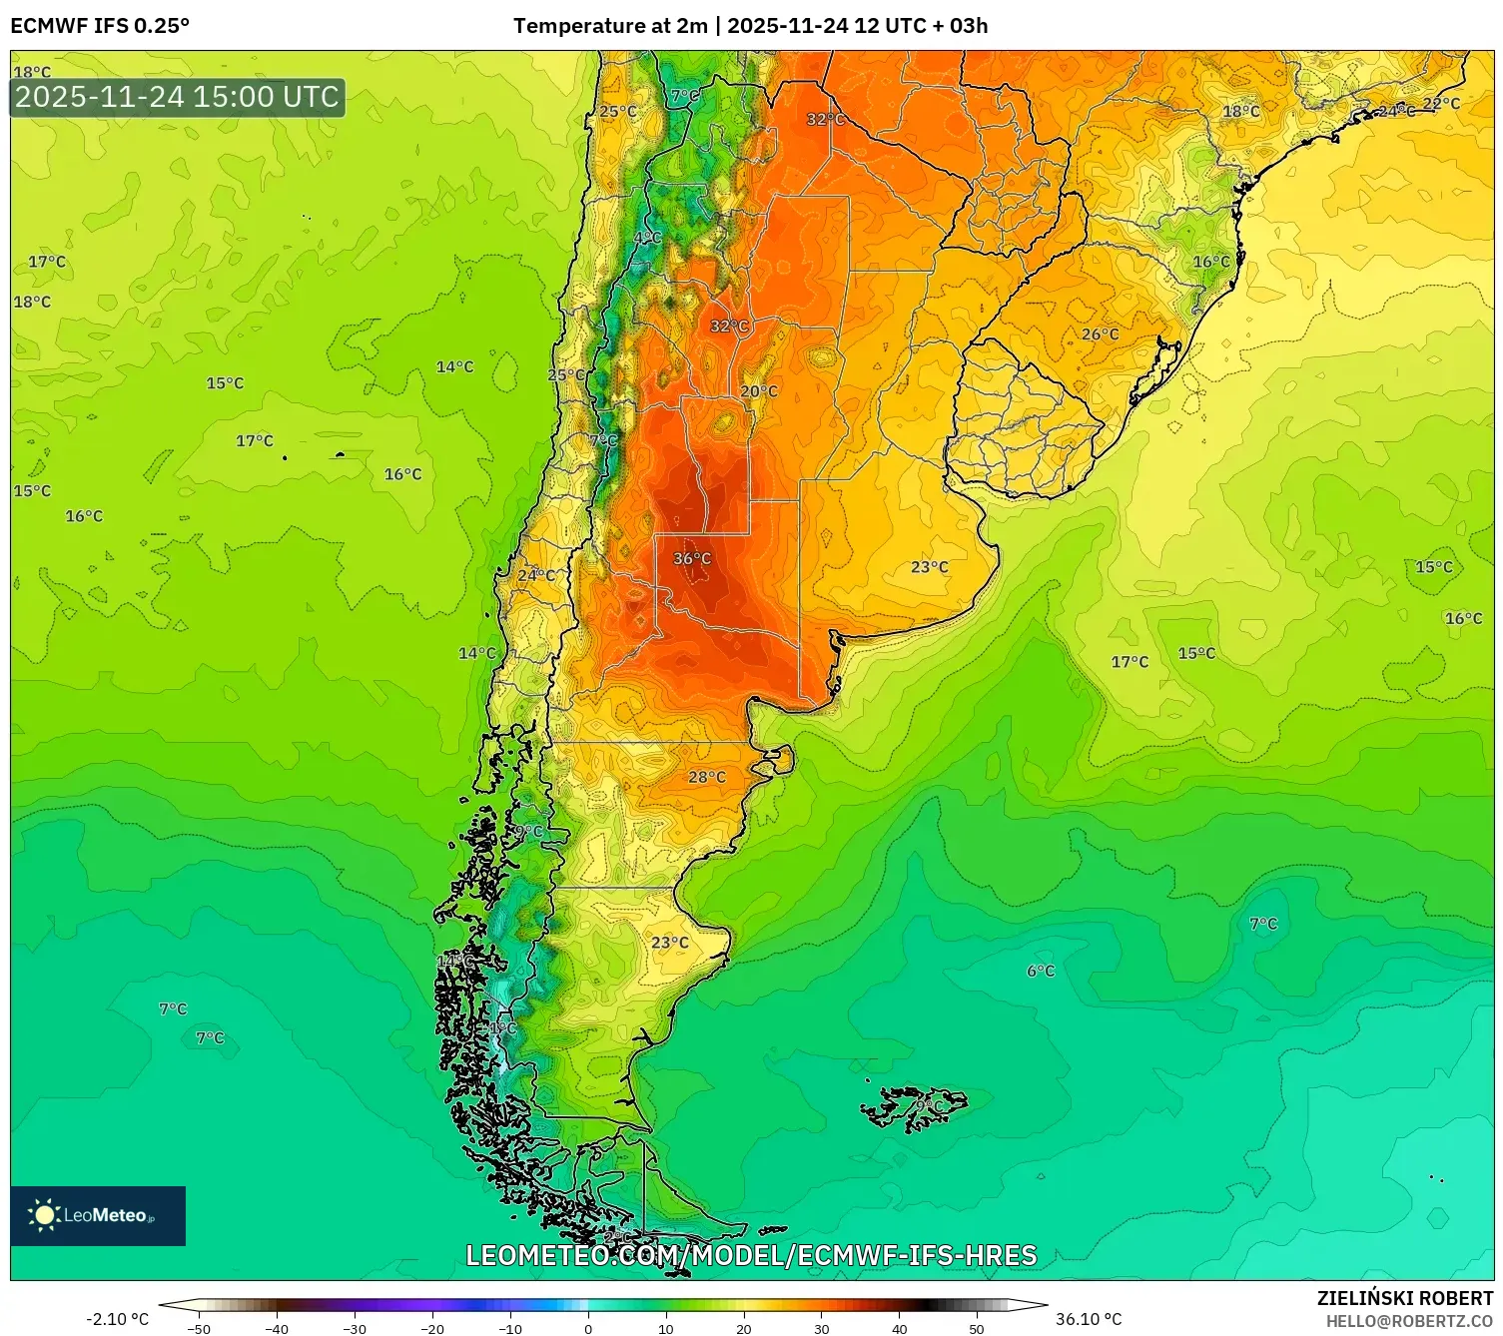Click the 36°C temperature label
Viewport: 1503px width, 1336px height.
click(692, 558)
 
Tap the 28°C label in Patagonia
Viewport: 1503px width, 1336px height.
click(707, 777)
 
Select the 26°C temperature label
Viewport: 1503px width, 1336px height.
click(1101, 334)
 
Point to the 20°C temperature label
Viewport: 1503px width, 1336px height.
click(759, 391)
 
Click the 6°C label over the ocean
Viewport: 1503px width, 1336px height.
click(1041, 971)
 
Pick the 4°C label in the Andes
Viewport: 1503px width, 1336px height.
click(648, 238)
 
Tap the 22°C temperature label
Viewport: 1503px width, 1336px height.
click(1441, 104)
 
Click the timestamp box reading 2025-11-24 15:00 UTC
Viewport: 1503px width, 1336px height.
click(178, 97)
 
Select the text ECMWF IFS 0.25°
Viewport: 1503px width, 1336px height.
click(100, 26)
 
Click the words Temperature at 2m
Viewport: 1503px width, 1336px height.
click(609, 26)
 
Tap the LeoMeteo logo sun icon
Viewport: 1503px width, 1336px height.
click(44, 1215)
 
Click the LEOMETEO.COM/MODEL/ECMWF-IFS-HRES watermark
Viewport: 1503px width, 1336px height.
click(751, 1255)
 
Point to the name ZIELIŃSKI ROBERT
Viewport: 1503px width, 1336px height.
click(1404, 1298)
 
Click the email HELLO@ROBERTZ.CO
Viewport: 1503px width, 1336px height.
click(1408, 1321)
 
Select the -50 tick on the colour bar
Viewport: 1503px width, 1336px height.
click(199, 1328)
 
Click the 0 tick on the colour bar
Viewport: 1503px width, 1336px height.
click(588, 1328)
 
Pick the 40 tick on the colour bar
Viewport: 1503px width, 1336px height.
click(899, 1328)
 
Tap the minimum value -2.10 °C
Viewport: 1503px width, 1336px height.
click(117, 1319)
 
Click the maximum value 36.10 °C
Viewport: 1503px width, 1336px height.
click(1089, 1319)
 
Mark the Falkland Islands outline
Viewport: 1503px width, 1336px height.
click(914, 1106)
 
